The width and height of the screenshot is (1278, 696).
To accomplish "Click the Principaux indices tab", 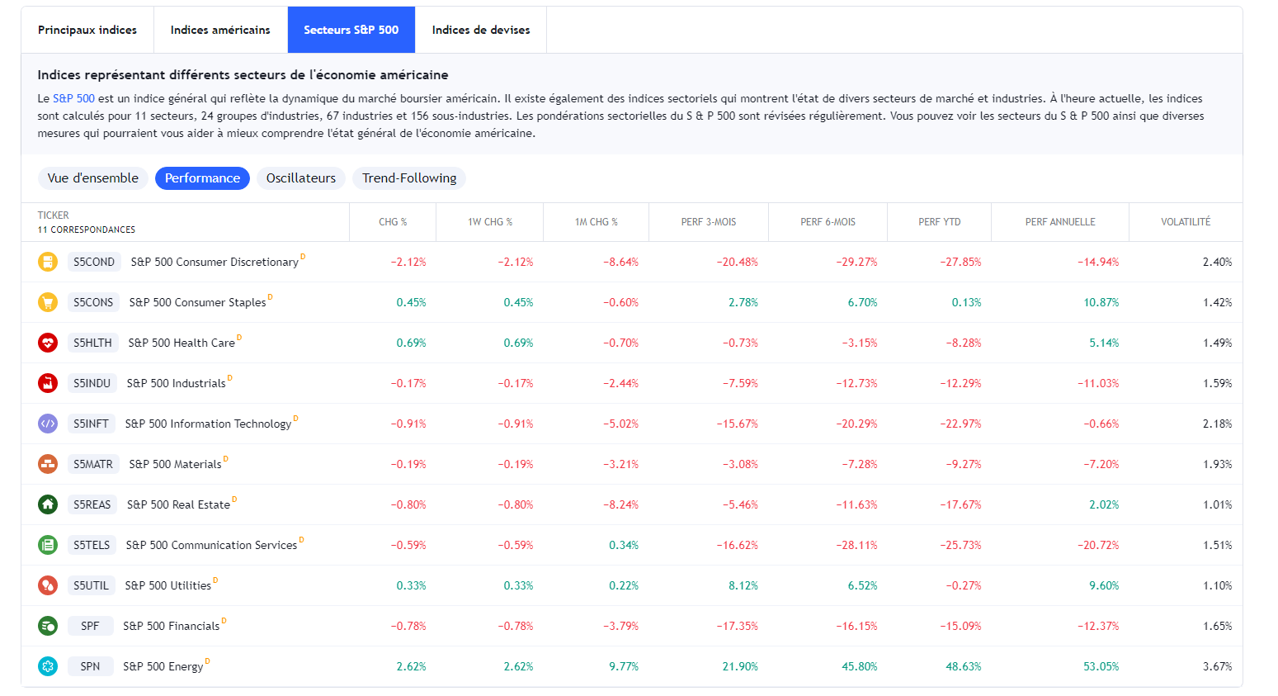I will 87,30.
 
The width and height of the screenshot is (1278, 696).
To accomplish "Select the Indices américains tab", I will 220,30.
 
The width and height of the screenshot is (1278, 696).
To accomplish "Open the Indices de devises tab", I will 481,30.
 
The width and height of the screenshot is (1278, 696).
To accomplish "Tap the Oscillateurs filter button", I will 301,178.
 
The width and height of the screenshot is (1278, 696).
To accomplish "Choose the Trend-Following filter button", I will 409,178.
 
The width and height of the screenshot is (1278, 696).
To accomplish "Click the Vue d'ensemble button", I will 93,178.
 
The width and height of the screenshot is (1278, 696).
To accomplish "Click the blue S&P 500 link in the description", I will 73,98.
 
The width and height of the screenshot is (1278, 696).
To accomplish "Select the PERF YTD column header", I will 939,222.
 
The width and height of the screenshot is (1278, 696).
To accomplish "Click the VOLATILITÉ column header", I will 1186,222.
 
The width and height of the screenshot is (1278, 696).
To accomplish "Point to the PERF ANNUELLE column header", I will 1060,222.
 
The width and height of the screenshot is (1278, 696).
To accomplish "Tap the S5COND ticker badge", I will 94,262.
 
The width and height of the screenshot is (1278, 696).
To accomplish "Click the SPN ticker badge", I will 90,666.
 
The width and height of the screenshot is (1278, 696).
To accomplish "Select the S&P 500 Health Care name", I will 182,343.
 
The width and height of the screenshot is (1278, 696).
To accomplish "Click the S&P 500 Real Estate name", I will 178,504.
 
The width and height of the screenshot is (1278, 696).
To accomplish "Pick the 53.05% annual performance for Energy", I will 1101,666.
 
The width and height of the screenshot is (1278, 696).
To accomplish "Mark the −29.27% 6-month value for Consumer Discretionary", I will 856,262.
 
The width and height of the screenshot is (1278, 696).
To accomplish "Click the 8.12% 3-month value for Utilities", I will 743,585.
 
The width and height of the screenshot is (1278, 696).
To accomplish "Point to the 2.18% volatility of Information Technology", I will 1217,424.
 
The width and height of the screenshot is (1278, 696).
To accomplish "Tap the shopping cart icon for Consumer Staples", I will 48,302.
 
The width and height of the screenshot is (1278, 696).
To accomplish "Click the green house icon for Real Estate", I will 48,504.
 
